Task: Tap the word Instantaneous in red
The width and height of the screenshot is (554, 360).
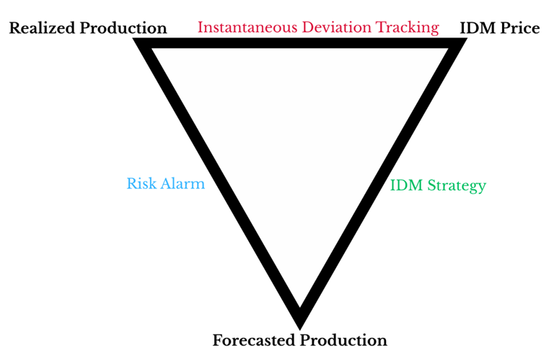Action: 247,27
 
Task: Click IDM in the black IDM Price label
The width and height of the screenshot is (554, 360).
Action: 477,28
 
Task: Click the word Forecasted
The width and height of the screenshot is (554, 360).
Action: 254,341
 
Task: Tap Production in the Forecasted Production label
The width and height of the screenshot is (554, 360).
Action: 343,341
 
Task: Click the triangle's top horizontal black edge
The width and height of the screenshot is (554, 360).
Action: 300,43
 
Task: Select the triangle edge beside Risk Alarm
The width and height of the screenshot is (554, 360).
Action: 217,184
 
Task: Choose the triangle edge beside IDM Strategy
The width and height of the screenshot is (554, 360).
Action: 383,184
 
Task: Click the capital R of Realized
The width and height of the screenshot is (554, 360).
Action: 15,28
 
